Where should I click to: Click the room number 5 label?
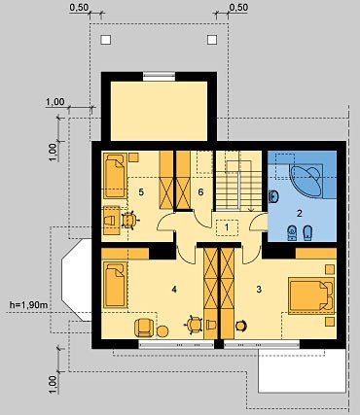tap(141, 192)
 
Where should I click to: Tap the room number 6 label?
tap(200, 192)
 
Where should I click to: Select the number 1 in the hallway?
tap(227, 227)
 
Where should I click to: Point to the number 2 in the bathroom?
tap(300, 213)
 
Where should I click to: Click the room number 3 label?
tap(259, 290)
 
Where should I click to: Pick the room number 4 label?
tap(174, 290)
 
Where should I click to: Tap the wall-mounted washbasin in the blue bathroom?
tap(273, 196)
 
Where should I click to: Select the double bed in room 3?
tap(311, 295)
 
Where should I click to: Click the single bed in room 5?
tap(115, 176)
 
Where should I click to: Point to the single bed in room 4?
tap(115, 285)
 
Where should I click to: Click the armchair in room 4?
tap(144, 328)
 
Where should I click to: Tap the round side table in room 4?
tap(162, 331)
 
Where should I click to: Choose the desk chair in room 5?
tap(129, 221)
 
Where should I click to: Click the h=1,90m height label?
tap(29, 305)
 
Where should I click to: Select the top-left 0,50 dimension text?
tap(79, 8)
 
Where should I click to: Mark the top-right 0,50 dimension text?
tap(238, 8)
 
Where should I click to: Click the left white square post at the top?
tap(106, 40)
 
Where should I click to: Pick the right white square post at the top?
tap(212, 40)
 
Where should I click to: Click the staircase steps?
tap(239, 187)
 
